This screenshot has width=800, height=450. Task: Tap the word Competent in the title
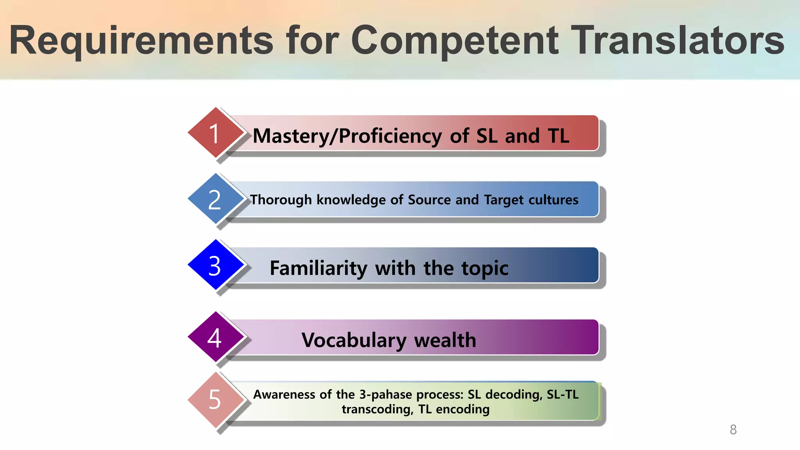pyautogui.click(x=455, y=41)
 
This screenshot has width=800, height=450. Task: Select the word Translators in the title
pyautogui.click(x=677, y=41)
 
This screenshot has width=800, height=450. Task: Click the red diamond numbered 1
pyautogui.click(x=215, y=133)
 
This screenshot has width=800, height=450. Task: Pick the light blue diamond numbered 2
pyautogui.click(x=215, y=199)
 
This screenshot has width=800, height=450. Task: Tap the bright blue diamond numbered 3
pyautogui.click(x=215, y=265)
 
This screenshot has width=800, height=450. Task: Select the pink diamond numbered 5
pyautogui.click(x=215, y=399)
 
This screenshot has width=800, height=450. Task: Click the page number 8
pyautogui.click(x=733, y=430)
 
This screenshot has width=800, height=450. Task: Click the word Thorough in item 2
pyautogui.click(x=281, y=200)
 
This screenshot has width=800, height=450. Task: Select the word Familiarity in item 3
pyautogui.click(x=318, y=268)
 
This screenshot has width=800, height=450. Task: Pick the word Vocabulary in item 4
pyautogui.click(x=354, y=340)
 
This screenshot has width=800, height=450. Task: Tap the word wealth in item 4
pyautogui.click(x=445, y=340)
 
